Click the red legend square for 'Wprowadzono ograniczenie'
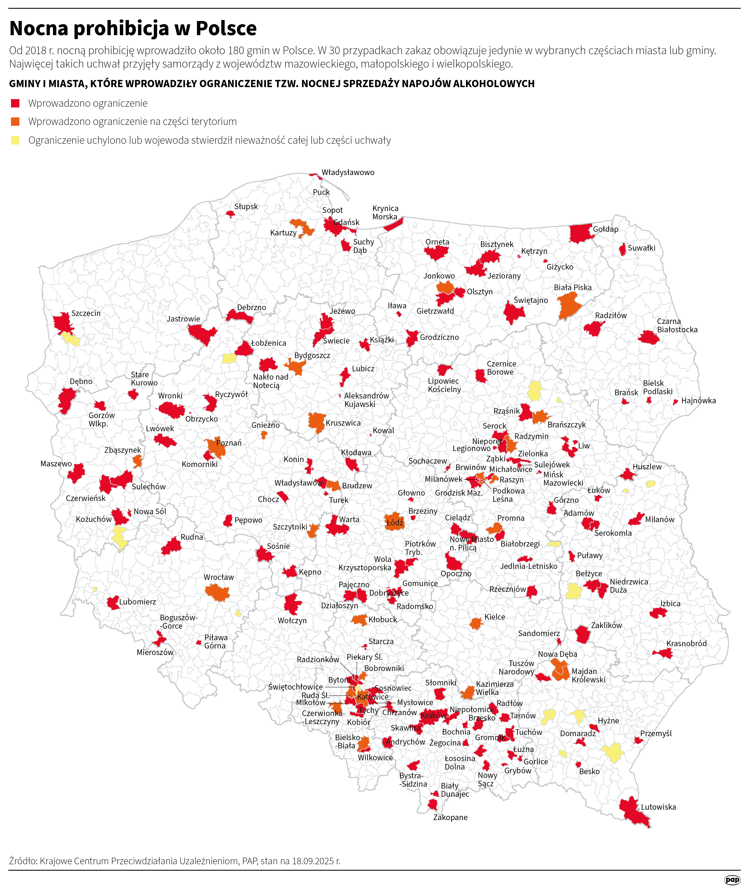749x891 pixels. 15,103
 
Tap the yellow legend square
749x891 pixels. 15,140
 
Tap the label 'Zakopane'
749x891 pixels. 450,817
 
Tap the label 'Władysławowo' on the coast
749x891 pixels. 348,172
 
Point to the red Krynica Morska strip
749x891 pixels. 393,224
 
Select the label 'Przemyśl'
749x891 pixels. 656,733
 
